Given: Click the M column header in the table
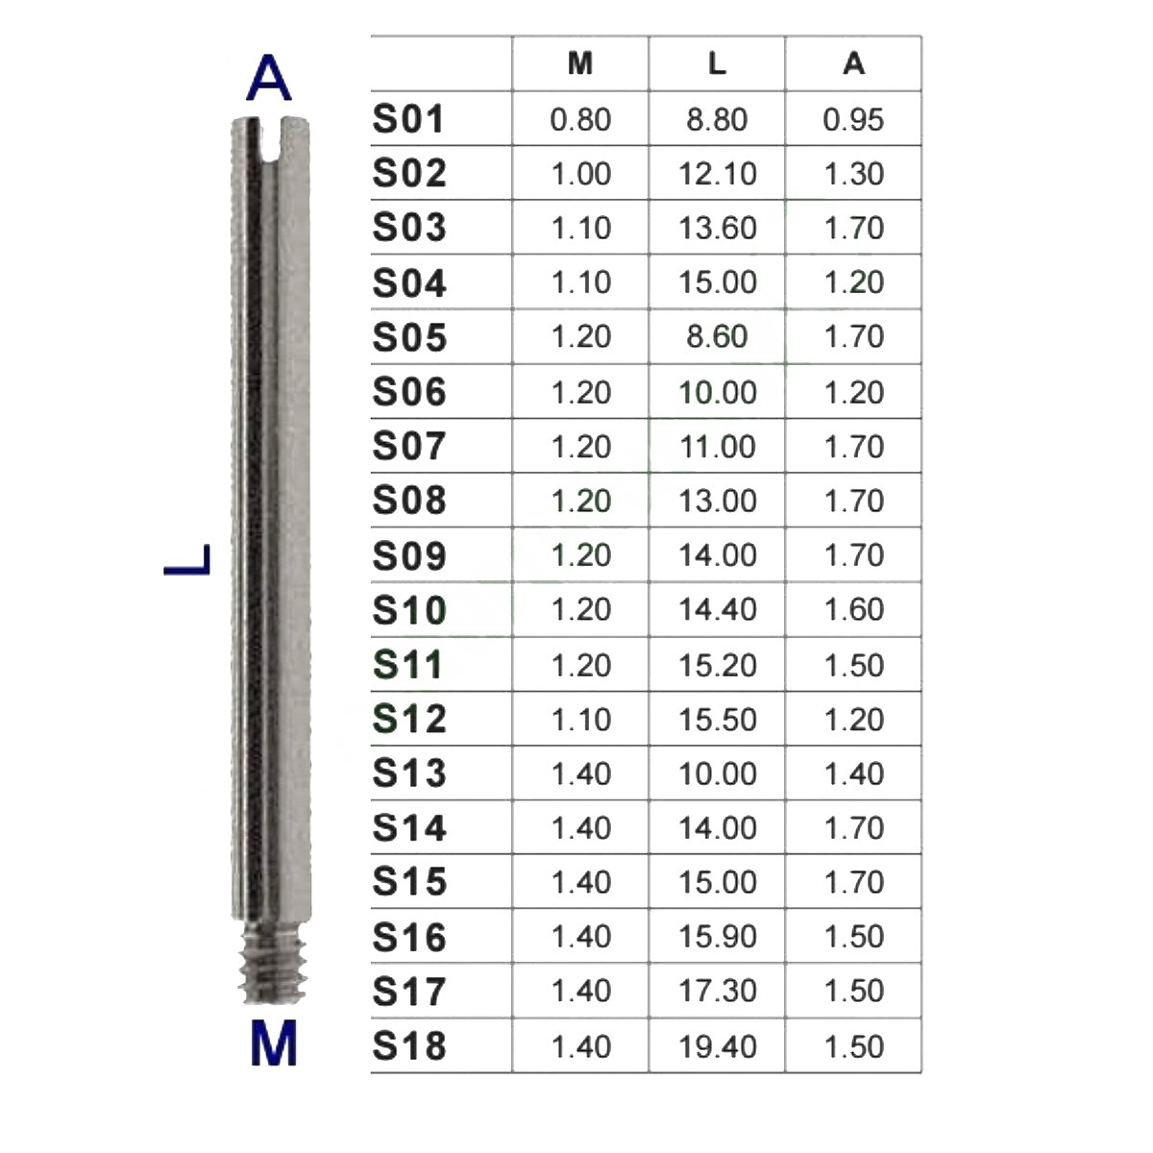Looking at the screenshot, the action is tap(579, 63).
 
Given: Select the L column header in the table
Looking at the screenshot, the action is tap(717, 63).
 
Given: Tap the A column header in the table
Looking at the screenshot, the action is tap(853, 63).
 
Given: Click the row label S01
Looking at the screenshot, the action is tap(408, 118).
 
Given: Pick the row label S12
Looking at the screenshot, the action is tap(409, 719).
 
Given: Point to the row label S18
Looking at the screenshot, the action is tap(409, 1046).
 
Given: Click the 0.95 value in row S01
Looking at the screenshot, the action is tap(853, 119).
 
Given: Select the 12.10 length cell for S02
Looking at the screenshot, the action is tap(717, 174).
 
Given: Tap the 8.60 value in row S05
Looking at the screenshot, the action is tap(717, 336).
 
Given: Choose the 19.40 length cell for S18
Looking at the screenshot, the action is tap(717, 1046).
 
